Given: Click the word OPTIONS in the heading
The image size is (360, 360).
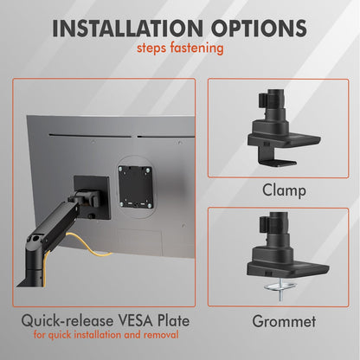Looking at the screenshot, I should click(x=258, y=27).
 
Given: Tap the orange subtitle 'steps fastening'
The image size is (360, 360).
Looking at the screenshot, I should click(x=179, y=49).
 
